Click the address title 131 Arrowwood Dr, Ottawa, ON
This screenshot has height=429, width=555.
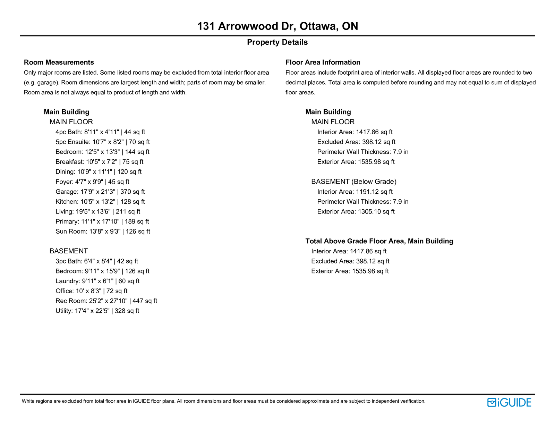pos(277,26)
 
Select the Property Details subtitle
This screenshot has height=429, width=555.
pos(277,42)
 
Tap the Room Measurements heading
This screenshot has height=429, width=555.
pos(59,62)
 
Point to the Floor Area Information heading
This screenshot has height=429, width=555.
pos(323,62)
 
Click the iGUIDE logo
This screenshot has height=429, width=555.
pos(509,402)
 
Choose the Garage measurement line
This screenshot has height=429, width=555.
pos(100,192)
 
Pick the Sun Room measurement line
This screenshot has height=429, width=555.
pos(103,232)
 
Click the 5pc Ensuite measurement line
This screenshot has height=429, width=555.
pos(103,142)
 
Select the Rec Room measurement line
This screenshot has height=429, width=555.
pos(106,301)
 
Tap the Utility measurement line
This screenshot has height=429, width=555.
pos(97,311)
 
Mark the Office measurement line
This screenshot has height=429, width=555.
pos(91,291)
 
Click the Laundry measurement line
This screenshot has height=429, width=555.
pos(97,281)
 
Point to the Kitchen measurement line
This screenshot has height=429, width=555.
pos(100,202)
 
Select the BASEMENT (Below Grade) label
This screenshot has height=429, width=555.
pos(353,182)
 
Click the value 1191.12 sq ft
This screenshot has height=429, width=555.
pos(374,192)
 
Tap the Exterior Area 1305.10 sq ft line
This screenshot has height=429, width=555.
pos(356,212)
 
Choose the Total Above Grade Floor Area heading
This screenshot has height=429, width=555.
pos(379,241)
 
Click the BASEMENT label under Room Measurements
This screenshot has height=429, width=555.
pos(69,251)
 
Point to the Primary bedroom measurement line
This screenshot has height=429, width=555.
pos(102,221)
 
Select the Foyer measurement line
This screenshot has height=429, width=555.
pos(92,182)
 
